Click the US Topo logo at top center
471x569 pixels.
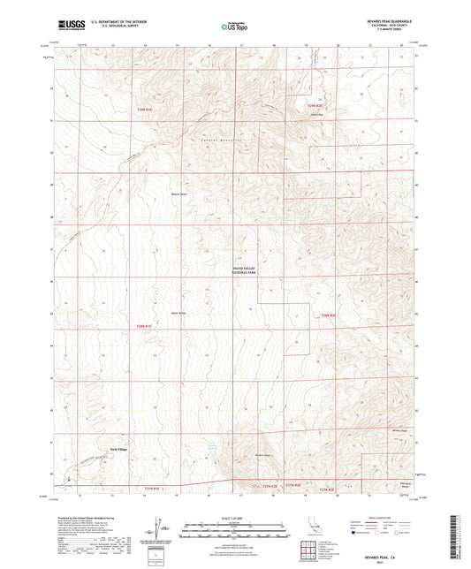232,27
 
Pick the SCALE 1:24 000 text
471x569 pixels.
234,517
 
